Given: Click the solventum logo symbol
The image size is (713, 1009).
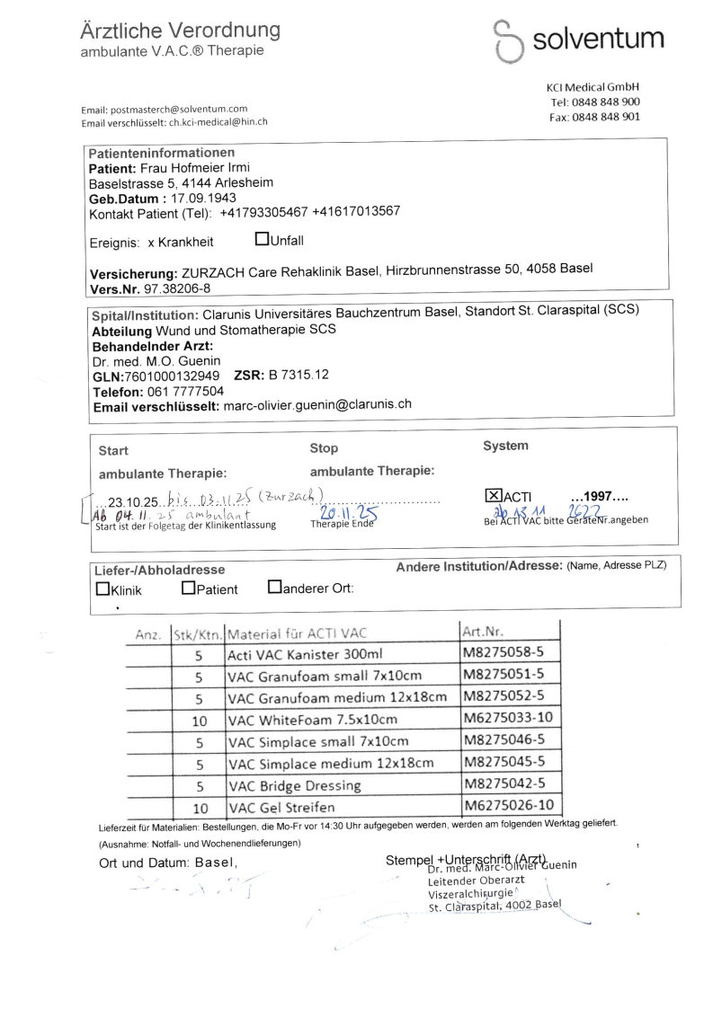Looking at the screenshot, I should click(509, 40).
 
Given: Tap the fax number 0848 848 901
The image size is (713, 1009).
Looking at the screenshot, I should click(609, 117).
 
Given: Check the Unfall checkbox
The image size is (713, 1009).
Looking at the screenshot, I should click(262, 240).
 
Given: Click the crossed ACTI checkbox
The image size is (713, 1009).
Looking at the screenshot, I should click(494, 496).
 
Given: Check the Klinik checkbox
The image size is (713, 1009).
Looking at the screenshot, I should click(102, 589).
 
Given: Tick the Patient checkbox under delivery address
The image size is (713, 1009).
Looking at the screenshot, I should click(188, 589).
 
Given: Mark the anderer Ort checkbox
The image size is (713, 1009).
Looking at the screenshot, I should click(274, 589).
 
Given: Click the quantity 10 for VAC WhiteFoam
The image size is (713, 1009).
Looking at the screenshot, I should click(200, 720).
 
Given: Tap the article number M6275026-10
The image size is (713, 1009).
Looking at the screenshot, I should click(508, 806).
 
